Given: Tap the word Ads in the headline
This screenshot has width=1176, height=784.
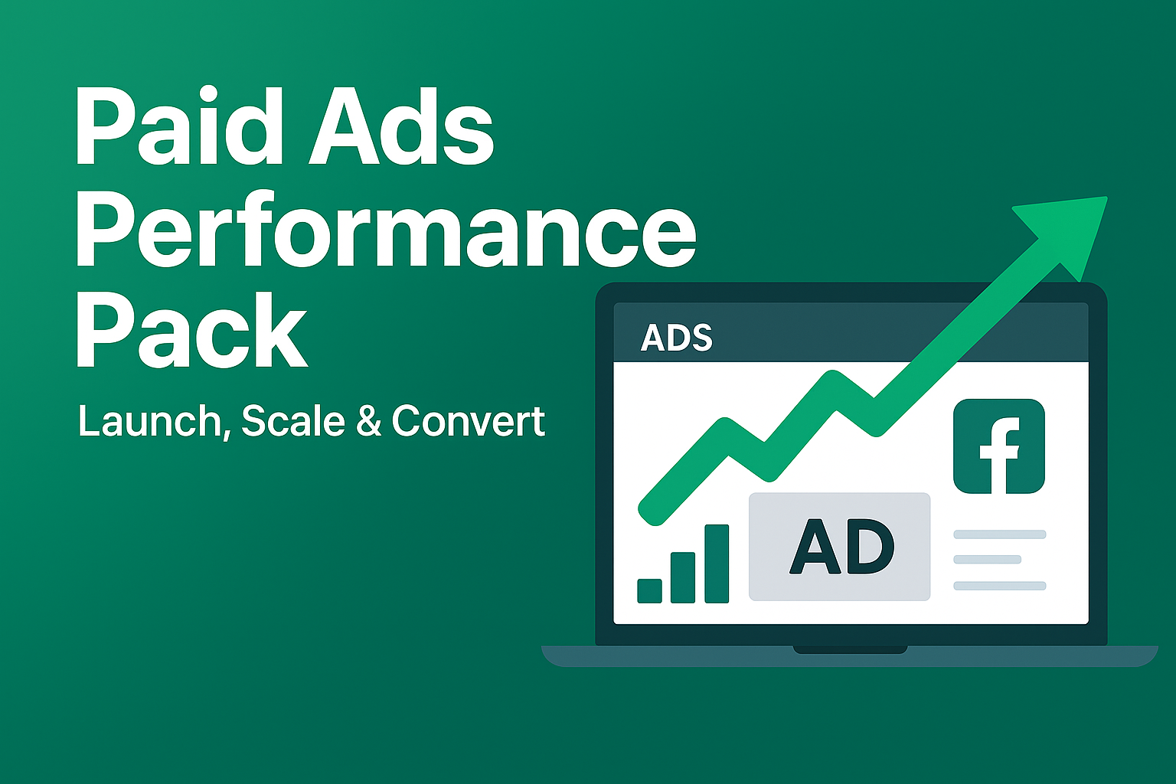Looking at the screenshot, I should point(400,126).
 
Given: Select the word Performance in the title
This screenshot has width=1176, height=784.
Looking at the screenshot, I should point(385,230).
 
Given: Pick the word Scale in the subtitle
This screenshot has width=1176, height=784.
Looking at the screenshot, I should point(293,420).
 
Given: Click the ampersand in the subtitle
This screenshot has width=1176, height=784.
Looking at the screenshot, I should point(368,420).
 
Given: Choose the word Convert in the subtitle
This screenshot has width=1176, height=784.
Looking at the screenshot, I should point(469,420).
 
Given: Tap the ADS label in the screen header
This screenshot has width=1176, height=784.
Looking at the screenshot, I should point(676,338).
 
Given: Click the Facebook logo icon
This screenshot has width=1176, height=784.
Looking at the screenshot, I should point(999,446).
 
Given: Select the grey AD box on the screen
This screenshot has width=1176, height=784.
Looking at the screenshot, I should point(840,547).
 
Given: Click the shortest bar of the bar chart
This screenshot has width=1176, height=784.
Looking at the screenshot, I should point(650,590).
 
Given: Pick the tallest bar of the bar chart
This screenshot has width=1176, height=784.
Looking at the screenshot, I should point(717,563).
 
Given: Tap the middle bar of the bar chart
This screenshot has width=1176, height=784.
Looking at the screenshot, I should point(683,577).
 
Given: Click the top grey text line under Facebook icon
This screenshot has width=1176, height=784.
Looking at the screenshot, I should point(999,534).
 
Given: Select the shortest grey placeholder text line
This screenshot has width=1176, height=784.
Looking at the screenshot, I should point(988,560).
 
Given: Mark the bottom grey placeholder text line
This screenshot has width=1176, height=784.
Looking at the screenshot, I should point(999,586).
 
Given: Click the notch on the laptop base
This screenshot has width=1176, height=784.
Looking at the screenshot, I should point(850,649).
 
